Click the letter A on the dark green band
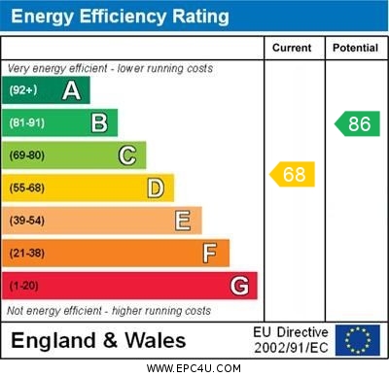[x=71, y=90]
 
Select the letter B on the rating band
[x=99, y=122]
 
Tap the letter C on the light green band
[x=127, y=155]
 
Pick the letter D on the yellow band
[x=156, y=188]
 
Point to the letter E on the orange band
[x=183, y=221]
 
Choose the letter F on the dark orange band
[x=210, y=254]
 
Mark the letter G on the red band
[x=239, y=286]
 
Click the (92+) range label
[x=23, y=90]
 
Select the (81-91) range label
[x=27, y=123]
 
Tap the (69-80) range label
[x=27, y=155]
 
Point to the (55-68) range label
[x=27, y=188]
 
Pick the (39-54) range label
[x=27, y=221]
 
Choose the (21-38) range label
[x=27, y=254]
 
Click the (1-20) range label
[x=24, y=287]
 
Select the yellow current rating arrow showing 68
[x=292, y=175]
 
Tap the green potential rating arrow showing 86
[x=357, y=123]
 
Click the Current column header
[x=292, y=48]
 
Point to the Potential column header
[x=355, y=48]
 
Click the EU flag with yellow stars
[x=358, y=340]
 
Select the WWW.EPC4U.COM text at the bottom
[x=194, y=368]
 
